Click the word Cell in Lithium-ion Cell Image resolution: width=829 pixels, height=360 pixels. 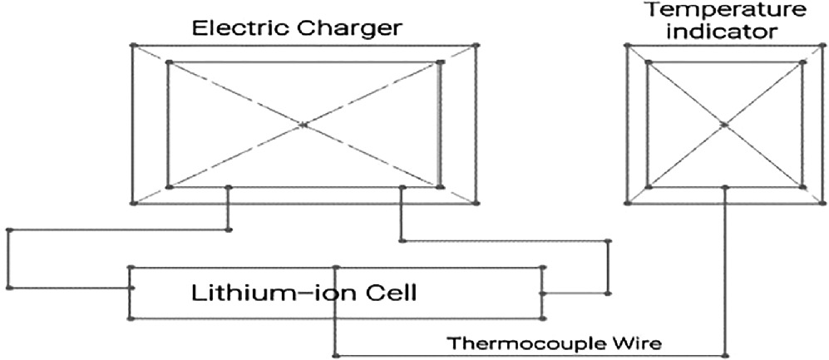pos(389,293)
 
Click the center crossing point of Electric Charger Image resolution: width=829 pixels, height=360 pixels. pos(303,125)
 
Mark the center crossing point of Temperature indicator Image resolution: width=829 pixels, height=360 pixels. pos(724,125)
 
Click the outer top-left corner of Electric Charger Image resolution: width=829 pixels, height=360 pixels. pos(132,45)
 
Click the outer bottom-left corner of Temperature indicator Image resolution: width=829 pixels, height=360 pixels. pos(625,202)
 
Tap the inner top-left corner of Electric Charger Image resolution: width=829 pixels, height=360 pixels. pos(169,62)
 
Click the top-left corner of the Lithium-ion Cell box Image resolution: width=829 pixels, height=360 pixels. pos(130,268)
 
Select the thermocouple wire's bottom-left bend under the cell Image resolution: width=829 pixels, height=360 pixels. pos(335,353)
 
